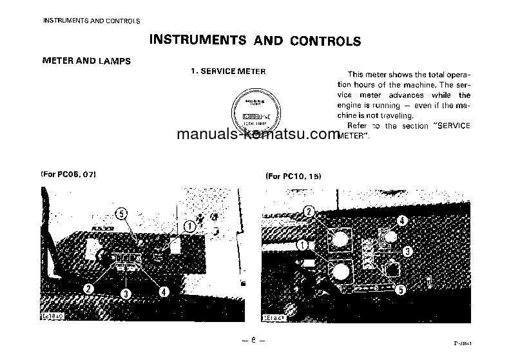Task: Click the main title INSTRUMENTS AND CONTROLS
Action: [x=255, y=40]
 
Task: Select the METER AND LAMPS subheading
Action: [x=86, y=61]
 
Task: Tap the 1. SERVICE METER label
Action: [x=228, y=71]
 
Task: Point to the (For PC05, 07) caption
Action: [x=68, y=175]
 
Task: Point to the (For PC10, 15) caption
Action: [x=293, y=176]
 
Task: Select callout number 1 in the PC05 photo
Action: [x=189, y=226]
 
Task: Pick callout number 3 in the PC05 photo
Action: [x=126, y=293]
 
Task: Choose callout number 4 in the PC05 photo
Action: [x=164, y=291]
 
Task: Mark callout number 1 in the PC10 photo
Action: [x=304, y=245]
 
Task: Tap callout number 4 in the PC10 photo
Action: [x=402, y=221]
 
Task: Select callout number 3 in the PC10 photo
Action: [x=407, y=251]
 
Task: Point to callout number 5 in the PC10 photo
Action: [x=400, y=290]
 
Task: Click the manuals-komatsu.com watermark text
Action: [x=257, y=135]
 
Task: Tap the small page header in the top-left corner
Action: [x=91, y=21]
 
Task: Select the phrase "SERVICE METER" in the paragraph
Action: [x=445, y=126]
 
